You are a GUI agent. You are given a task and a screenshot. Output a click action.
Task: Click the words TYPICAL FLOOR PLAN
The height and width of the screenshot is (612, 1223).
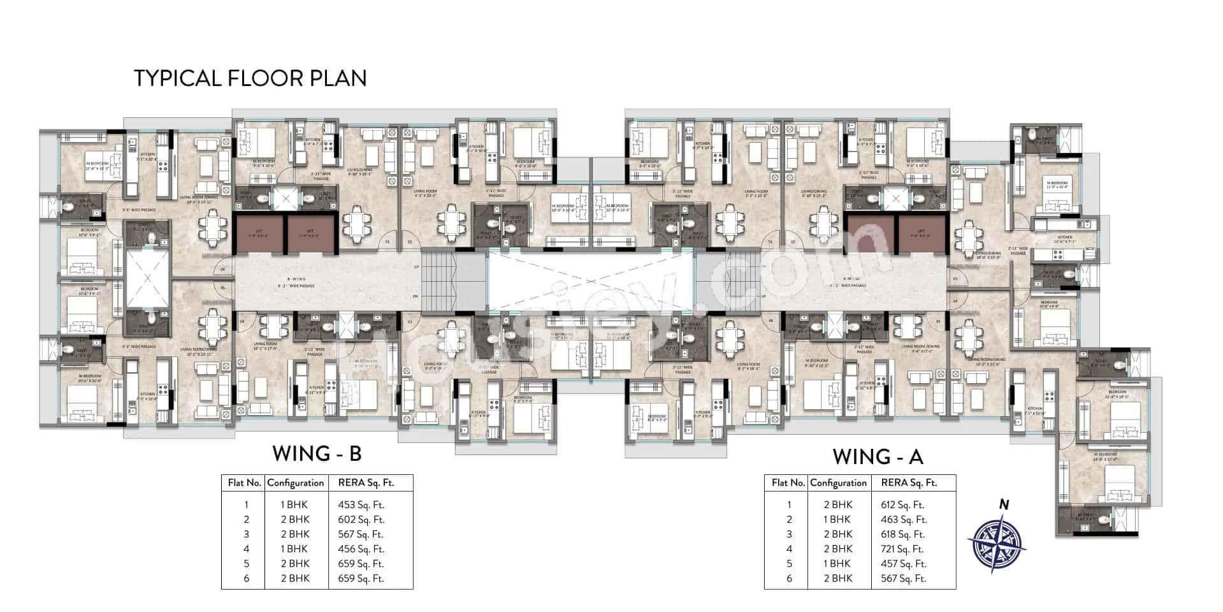click(250, 78)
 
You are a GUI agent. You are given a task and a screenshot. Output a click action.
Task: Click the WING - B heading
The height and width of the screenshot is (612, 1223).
click(317, 453)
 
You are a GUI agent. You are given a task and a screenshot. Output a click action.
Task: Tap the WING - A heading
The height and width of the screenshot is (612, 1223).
click(878, 456)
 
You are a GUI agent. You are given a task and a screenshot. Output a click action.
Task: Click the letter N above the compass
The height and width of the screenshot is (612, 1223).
click(1004, 504)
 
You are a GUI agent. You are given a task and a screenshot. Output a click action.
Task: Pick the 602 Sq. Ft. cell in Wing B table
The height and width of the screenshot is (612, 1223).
click(361, 520)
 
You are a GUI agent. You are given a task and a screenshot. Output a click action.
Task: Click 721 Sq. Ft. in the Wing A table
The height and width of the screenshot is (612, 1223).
click(902, 549)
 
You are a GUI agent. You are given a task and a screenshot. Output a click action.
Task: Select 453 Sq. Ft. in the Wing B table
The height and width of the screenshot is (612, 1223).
click(361, 505)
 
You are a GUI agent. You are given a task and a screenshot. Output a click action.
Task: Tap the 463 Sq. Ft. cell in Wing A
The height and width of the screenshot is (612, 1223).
click(903, 520)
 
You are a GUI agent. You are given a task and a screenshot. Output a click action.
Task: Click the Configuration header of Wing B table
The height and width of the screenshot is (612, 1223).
click(296, 483)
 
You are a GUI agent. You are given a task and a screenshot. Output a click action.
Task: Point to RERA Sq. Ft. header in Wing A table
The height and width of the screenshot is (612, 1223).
click(909, 483)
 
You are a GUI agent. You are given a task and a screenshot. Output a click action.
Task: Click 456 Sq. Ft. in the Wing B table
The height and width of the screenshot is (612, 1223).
click(361, 549)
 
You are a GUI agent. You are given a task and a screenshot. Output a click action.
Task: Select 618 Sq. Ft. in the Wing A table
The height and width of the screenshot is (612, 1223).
click(902, 534)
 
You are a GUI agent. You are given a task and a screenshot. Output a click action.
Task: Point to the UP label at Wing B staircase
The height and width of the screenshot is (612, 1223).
click(416, 266)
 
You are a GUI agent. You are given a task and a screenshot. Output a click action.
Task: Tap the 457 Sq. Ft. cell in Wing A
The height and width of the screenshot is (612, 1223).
click(903, 564)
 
